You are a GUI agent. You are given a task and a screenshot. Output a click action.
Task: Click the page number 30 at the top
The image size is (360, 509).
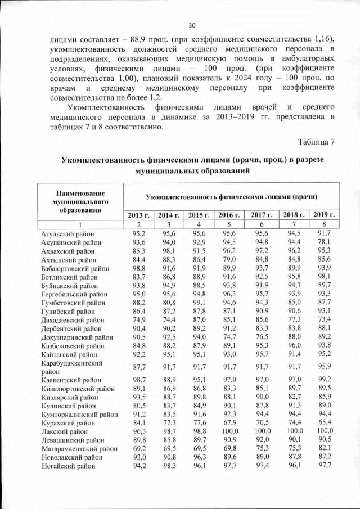(191, 25)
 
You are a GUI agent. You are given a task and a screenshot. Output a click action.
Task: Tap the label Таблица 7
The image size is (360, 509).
(316, 141)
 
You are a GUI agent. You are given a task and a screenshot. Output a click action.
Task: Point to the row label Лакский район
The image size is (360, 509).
(62, 430)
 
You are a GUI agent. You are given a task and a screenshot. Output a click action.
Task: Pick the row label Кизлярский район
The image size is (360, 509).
(68, 397)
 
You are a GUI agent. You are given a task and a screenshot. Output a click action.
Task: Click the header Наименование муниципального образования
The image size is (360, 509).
(80, 200)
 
